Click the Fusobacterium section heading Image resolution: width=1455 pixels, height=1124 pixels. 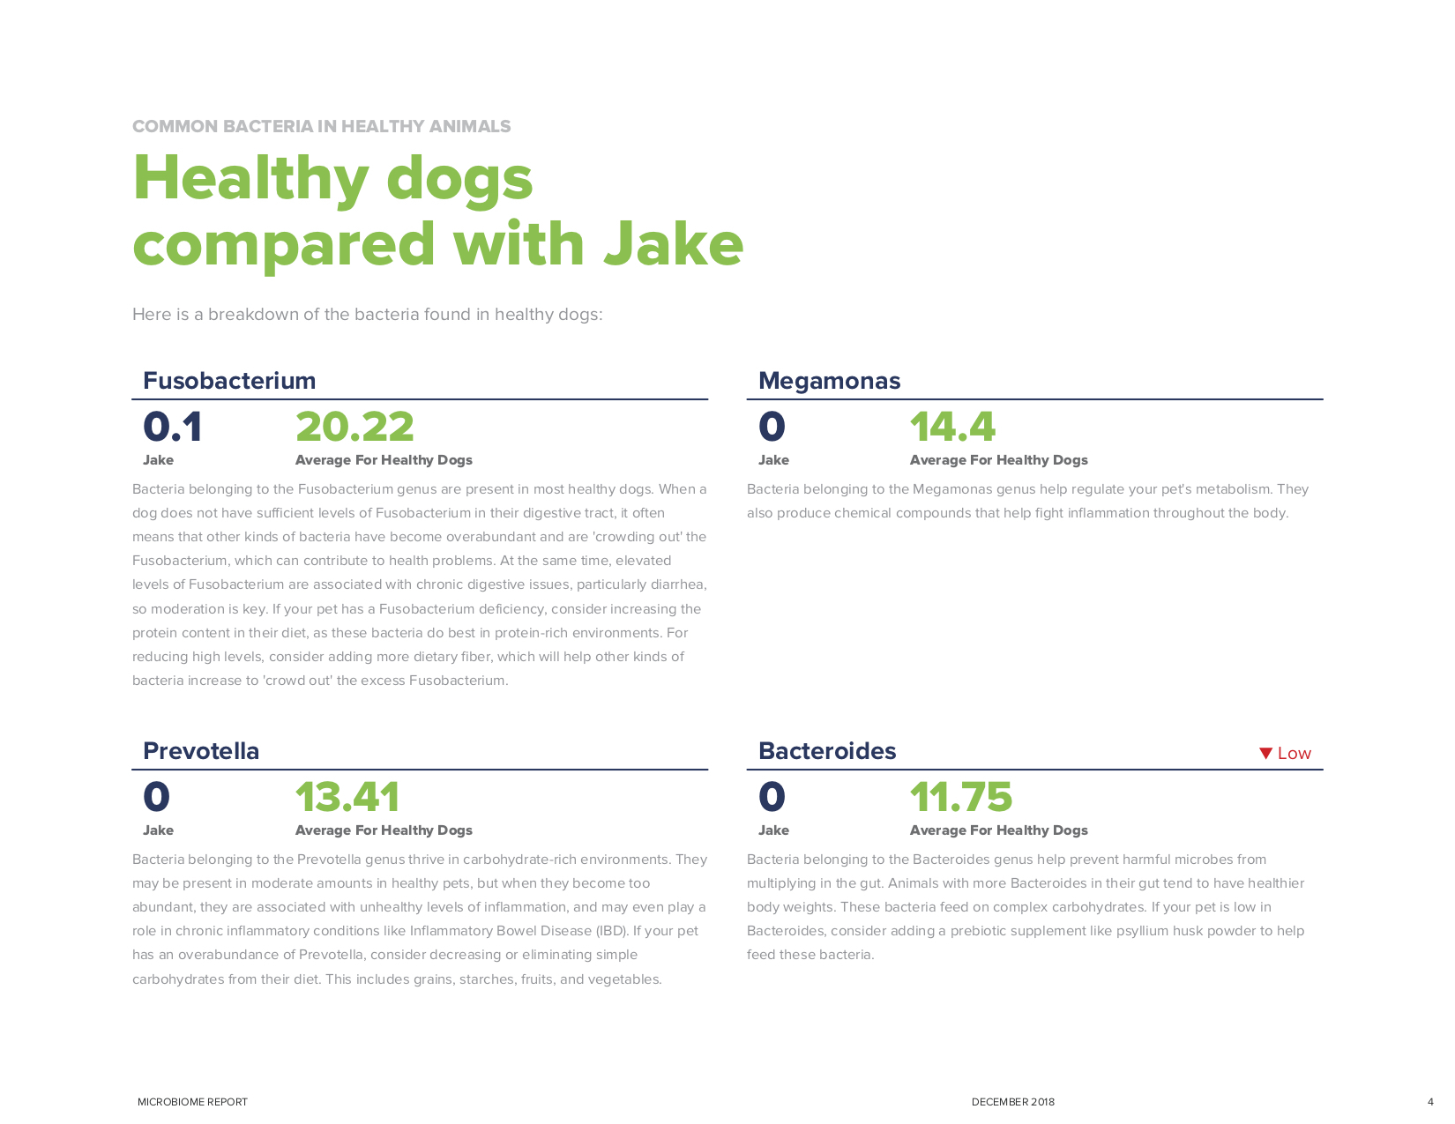(x=229, y=381)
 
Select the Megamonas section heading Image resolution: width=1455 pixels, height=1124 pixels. (x=829, y=381)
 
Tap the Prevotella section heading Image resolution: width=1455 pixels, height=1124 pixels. (x=201, y=751)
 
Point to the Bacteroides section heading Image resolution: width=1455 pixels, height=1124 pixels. (x=827, y=751)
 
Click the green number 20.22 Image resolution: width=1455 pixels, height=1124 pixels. (x=354, y=428)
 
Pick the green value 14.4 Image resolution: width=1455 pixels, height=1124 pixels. (x=952, y=428)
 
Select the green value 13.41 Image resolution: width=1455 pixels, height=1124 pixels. (x=347, y=798)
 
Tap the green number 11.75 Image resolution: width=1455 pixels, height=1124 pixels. (x=961, y=798)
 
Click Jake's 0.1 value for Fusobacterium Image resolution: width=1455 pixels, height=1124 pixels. (x=173, y=428)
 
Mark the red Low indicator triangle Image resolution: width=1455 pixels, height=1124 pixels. (x=1265, y=753)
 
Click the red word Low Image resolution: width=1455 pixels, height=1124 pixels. (x=1294, y=754)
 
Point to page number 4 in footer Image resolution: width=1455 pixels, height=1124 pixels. (x=1430, y=1102)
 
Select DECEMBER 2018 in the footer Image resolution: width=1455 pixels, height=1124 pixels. (x=1012, y=1102)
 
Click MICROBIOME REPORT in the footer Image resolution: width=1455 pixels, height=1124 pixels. (x=192, y=1102)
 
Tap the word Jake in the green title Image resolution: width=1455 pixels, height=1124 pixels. (x=674, y=244)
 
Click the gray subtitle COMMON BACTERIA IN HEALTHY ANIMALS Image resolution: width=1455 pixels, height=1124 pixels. (x=321, y=126)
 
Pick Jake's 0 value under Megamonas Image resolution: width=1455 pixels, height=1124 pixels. (x=772, y=428)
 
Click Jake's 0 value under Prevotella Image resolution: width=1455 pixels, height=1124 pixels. (x=156, y=798)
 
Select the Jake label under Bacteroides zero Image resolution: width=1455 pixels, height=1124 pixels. (x=773, y=830)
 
